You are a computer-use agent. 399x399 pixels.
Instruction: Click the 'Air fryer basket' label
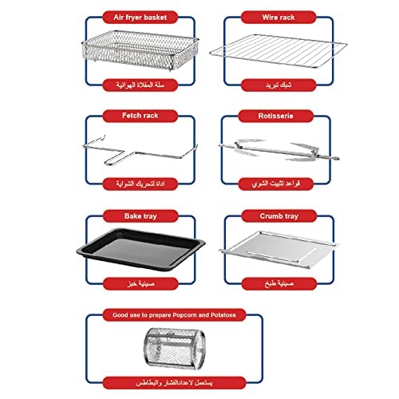point(140,18)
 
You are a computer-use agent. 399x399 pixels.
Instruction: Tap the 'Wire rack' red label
point(279,18)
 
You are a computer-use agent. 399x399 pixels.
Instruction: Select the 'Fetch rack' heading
point(140,116)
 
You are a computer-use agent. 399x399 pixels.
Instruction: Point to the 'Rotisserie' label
point(276,116)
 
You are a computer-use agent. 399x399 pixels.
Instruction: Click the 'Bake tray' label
point(140,216)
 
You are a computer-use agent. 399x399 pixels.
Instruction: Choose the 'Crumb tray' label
point(279,216)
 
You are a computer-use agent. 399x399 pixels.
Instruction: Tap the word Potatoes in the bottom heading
point(223,315)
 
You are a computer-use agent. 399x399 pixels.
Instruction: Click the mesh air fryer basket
point(140,50)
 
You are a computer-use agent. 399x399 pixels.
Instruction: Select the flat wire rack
point(279,51)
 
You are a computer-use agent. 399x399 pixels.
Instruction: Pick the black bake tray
point(140,250)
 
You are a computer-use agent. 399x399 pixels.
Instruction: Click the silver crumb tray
point(279,249)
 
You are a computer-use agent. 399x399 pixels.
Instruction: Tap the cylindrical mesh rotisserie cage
point(175,349)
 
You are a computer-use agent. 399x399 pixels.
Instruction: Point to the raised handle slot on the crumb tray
point(281,255)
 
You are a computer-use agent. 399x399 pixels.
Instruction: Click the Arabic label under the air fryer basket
point(140,85)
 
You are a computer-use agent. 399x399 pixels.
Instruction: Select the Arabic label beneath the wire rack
point(279,85)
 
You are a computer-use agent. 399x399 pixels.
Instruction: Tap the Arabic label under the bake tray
point(140,284)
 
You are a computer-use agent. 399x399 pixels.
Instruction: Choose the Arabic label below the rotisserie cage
point(174,383)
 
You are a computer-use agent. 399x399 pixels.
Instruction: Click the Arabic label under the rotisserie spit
point(276,184)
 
